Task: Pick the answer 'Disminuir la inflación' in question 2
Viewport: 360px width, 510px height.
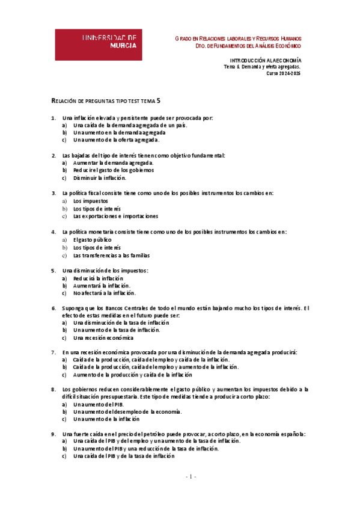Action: [99, 178]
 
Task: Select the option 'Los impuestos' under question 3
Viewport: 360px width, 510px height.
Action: [91, 201]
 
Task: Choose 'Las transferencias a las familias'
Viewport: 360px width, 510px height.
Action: [112, 255]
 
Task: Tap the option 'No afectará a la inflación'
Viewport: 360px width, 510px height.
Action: [103, 293]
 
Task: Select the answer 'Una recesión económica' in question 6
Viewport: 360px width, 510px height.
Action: [103, 338]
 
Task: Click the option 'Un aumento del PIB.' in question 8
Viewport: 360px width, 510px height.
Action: [94, 404]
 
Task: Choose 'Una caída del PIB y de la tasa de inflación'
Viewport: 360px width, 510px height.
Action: [124, 456]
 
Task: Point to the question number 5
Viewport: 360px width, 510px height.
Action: [53, 271]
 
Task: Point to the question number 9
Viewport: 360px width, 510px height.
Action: [53, 434]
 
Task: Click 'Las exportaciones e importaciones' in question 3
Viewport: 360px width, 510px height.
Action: [115, 217]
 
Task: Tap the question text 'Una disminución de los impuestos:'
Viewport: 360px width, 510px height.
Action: [105, 271]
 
